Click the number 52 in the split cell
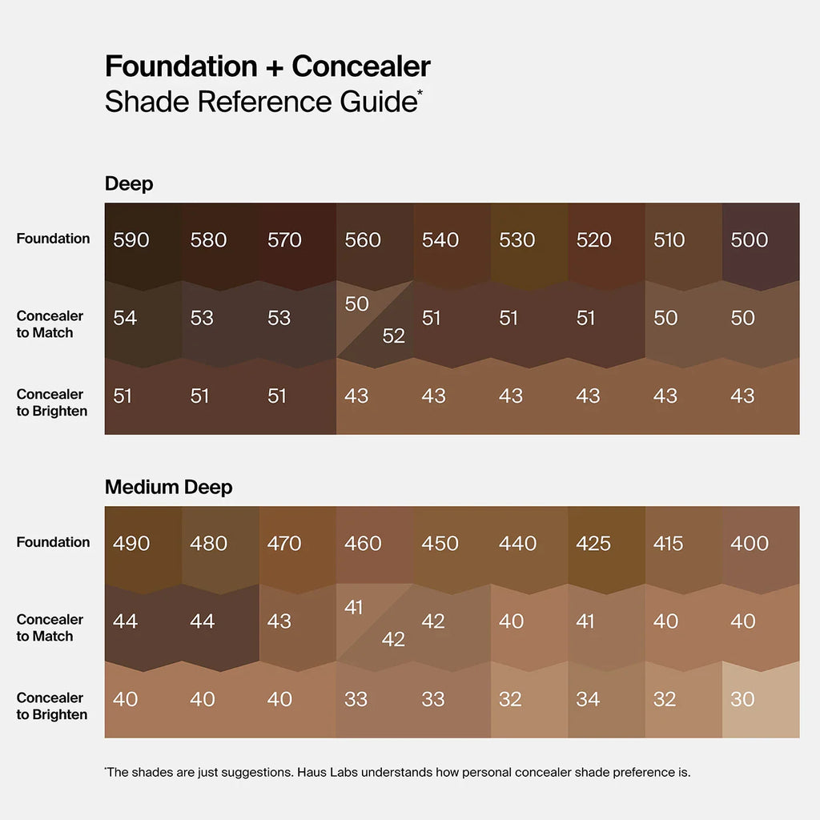393,336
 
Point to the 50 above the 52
356,304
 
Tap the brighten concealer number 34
588,699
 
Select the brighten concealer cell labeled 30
742,699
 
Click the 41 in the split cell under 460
354,607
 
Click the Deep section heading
129,183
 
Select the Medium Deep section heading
169,487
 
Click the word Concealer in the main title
361,66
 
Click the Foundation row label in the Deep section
53,238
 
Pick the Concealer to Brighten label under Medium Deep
52,706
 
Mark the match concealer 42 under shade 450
433,621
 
